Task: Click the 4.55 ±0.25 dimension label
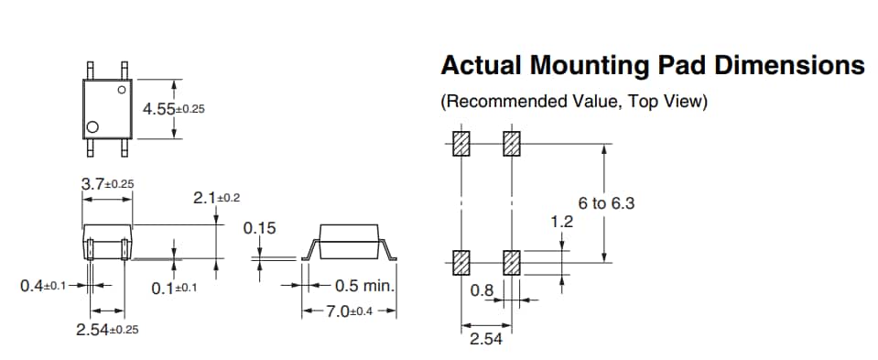173,109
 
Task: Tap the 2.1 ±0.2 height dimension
217,197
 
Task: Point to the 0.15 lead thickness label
259,227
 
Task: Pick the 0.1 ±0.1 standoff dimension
175,289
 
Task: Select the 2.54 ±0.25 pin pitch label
107,329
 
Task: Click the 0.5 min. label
363,286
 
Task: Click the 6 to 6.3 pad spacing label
606,203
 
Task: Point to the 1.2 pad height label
561,222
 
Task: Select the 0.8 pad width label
482,290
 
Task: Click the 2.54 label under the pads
485,340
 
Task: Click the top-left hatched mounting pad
462,144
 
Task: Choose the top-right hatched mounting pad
511,144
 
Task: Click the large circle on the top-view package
92,126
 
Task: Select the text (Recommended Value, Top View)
574,102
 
